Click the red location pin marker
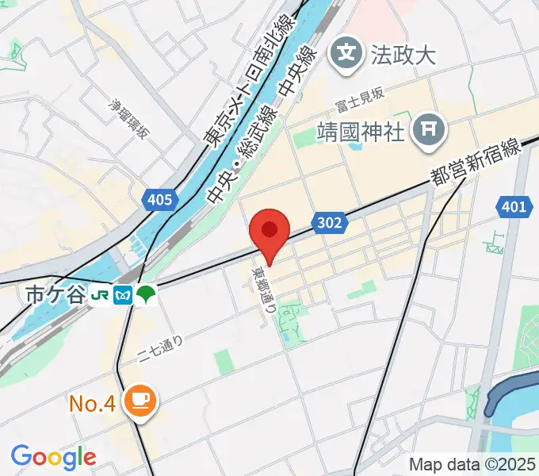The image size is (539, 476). pyautogui.click(x=269, y=232)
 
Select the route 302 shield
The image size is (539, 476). pyautogui.click(x=327, y=224)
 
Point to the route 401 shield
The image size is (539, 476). pyautogui.click(x=513, y=208)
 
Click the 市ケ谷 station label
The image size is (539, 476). pyautogui.click(x=53, y=295)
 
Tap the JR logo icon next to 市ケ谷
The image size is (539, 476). pyautogui.click(x=100, y=295)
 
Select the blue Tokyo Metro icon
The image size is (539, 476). pyautogui.click(x=123, y=295)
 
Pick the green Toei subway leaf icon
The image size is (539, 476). pyautogui.click(x=147, y=295)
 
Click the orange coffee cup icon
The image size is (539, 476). pyautogui.click(x=142, y=401)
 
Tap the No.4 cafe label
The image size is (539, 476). pyautogui.click(x=93, y=404)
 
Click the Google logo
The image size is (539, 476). pyautogui.click(x=53, y=457)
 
